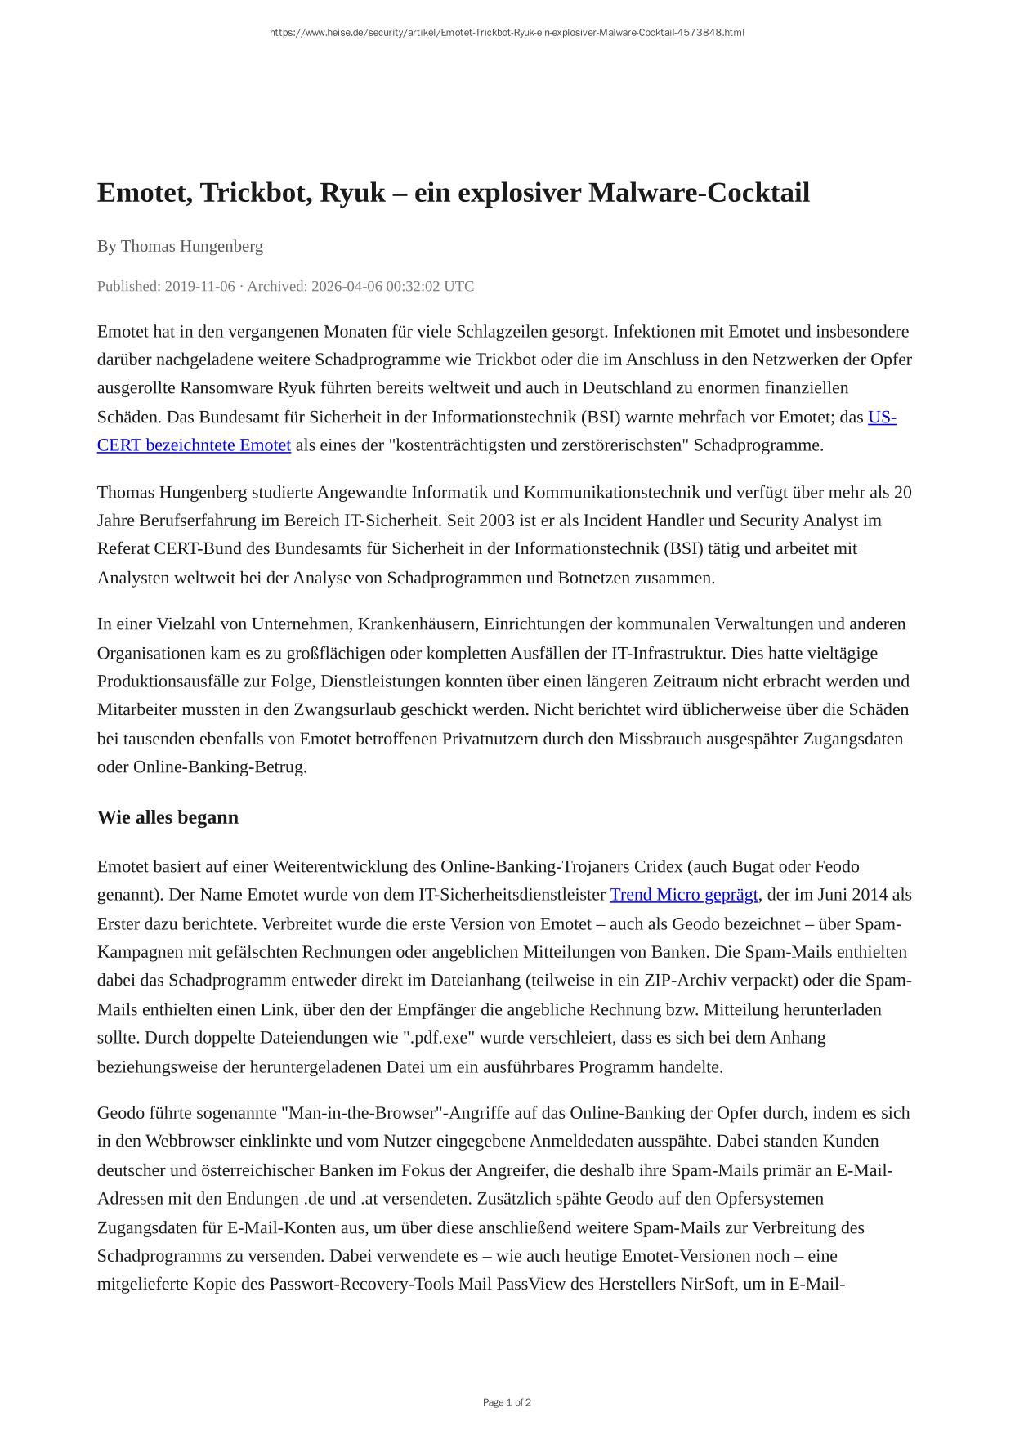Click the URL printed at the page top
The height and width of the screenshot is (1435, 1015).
507,33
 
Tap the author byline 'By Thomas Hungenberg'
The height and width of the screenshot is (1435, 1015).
180,246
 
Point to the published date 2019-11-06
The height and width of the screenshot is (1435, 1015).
199,286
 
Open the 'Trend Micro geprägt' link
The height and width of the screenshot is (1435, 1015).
683,895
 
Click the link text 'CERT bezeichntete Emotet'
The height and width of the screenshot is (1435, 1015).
194,445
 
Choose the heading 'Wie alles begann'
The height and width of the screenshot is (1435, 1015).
168,817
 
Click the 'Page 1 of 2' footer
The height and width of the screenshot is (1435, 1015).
507,1402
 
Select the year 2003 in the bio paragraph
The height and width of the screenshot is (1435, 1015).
497,521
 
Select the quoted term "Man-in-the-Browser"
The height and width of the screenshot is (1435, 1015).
364,1113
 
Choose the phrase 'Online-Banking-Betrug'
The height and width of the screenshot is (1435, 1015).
219,767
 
